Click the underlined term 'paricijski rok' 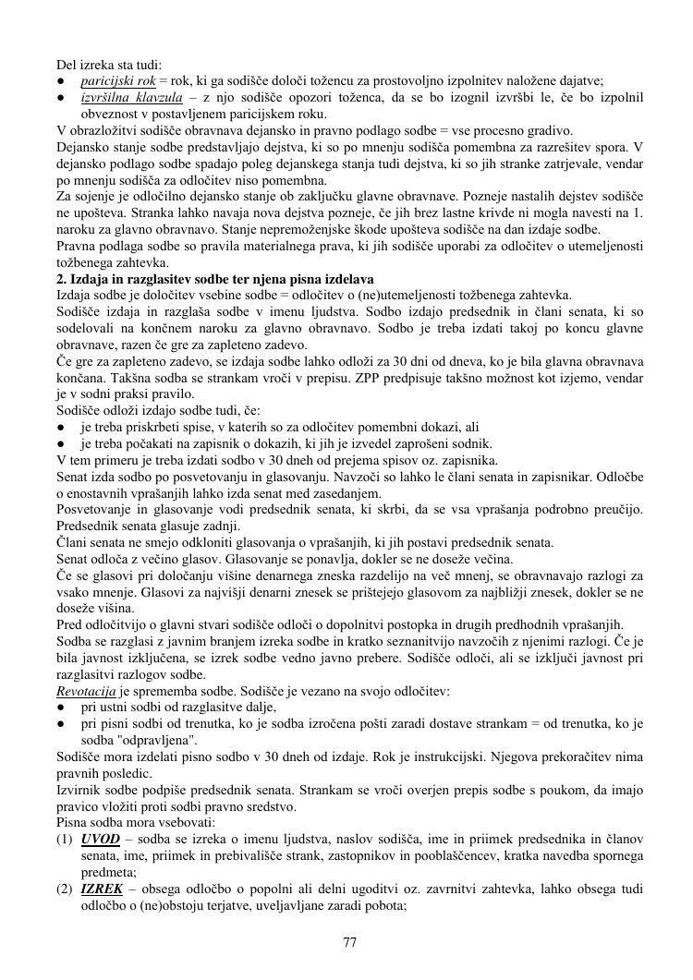[117, 80]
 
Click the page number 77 [349, 942]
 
